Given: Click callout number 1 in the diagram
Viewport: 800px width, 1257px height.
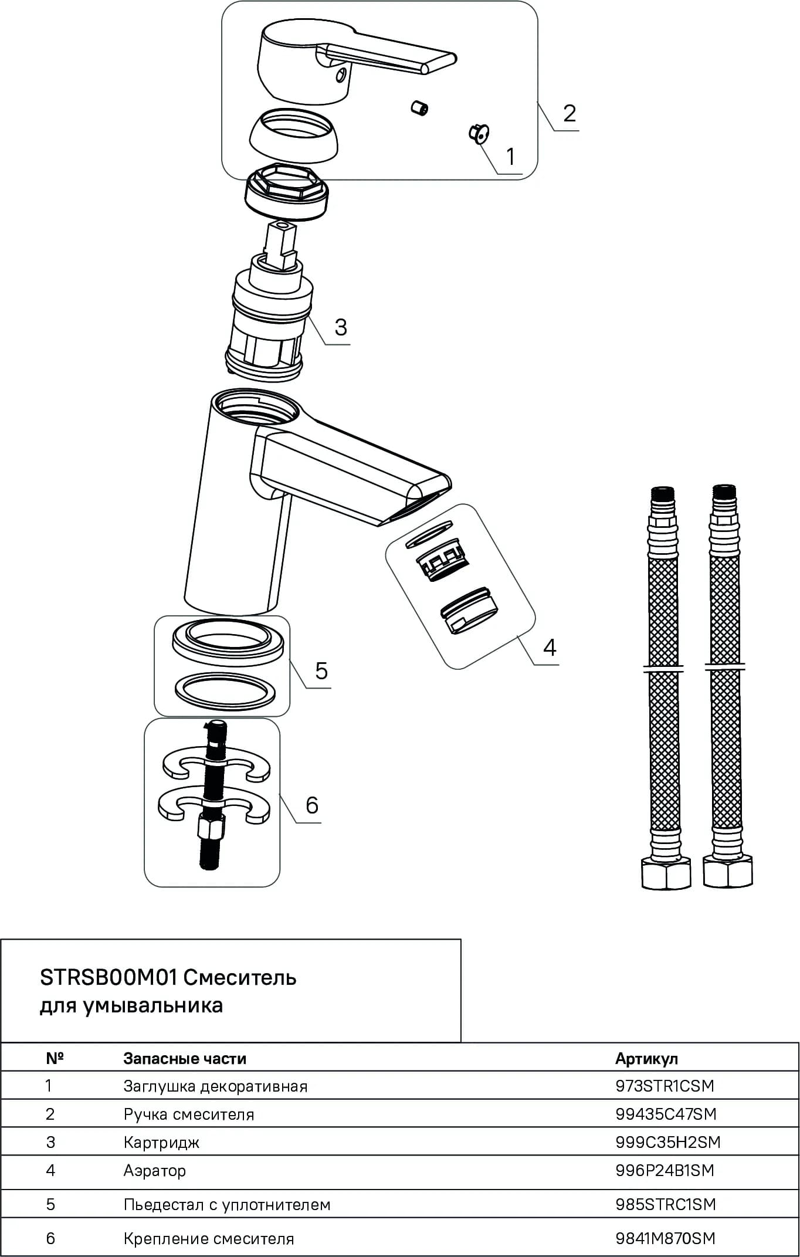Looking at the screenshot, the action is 510,157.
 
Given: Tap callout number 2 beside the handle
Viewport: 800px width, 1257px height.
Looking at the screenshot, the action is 570,113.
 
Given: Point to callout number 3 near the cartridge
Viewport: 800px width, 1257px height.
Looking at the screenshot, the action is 341,327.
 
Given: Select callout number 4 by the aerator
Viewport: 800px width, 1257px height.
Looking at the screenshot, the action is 550,647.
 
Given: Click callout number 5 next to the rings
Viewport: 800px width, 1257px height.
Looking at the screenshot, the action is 321,670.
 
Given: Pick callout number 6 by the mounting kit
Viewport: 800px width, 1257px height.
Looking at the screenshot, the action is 312,805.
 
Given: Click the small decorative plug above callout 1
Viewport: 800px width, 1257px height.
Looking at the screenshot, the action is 479,134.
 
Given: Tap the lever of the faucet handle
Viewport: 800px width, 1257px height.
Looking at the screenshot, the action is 387,59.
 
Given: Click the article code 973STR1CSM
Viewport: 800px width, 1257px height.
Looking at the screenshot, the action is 665,1086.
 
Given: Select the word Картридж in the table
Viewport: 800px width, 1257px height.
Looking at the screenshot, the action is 161,1143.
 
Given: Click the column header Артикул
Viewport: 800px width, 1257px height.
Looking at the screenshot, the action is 646,1058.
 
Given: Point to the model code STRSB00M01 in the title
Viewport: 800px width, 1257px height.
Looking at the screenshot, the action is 109,978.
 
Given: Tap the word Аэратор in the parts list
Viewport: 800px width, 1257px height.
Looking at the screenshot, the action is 155,1171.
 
